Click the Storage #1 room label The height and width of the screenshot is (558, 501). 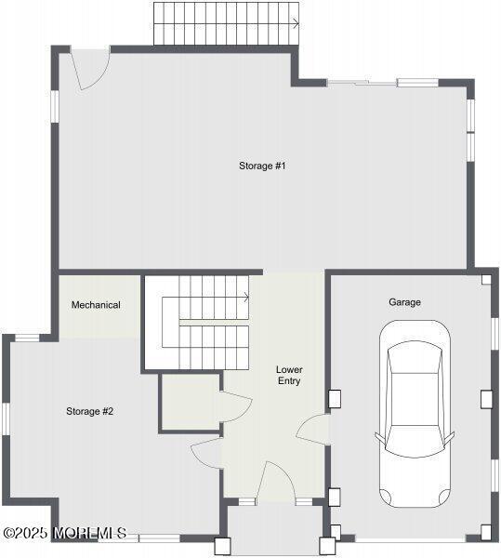coord(261,166)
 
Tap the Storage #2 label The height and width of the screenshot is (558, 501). coord(89,410)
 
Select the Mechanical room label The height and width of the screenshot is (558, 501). coord(96,304)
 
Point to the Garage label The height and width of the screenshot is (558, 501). coord(404,302)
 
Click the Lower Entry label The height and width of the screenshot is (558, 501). coord(289,375)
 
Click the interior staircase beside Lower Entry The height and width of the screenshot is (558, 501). coord(206,322)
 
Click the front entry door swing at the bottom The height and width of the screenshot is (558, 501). coord(276,480)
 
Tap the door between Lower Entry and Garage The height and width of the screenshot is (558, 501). coord(315,430)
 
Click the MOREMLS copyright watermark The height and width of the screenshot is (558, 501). coord(64,533)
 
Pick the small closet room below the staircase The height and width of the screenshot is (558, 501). coord(190,402)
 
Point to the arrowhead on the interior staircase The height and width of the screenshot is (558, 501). coord(246,298)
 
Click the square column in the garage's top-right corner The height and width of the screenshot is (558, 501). coord(486,278)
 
